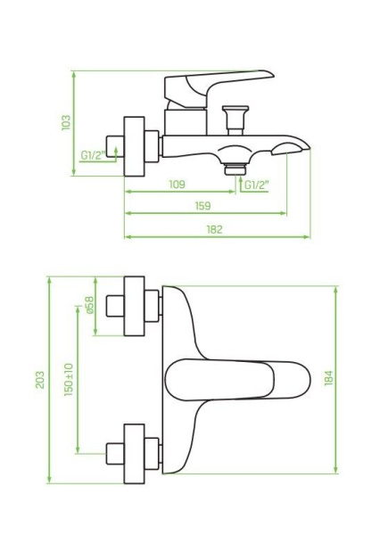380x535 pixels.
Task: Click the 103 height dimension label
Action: coord(66,121)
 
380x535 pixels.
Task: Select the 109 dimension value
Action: coord(177,185)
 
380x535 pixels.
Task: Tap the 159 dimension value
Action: coord(202,207)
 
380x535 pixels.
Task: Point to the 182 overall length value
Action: coord(214,229)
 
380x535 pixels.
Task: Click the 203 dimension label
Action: coord(40,378)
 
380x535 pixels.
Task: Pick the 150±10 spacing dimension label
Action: coord(69,379)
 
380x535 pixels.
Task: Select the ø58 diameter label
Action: coord(88,306)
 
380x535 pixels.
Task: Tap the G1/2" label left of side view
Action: coord(92,154)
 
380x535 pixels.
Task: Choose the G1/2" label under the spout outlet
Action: coord(256,185)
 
